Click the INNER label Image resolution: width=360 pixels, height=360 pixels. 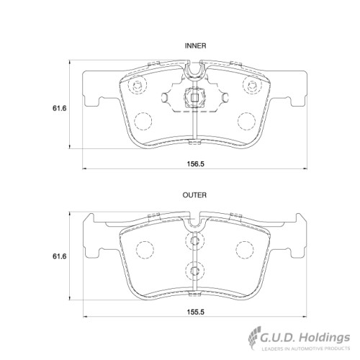[x=196, y=45]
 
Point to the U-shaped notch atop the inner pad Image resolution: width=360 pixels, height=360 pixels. [x=194, y=71]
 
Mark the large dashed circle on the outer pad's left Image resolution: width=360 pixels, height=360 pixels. [x=147, y=249]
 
